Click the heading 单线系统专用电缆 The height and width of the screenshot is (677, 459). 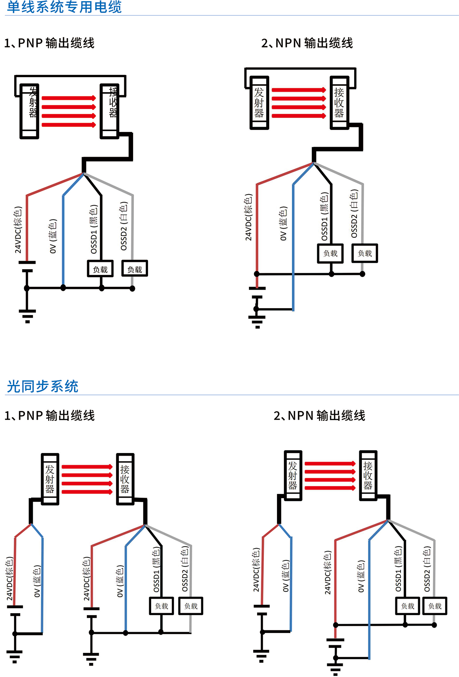64,7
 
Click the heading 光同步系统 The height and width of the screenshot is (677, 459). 42,386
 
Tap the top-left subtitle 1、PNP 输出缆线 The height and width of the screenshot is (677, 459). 49,43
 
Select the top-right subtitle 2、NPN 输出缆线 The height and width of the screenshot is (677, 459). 307,43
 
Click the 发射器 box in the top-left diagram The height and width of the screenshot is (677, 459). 29,111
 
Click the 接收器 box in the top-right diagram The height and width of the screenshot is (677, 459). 339,102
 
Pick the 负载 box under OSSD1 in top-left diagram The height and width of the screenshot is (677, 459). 100,269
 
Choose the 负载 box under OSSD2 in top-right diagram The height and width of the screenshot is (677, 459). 365,253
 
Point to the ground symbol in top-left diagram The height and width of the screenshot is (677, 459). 27,316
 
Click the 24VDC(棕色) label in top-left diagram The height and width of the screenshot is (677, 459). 18,230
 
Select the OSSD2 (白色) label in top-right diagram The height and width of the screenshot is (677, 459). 354,214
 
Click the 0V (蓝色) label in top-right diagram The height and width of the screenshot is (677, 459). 283,224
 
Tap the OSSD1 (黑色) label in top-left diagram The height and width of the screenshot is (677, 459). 94,229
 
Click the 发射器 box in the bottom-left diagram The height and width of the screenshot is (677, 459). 50,479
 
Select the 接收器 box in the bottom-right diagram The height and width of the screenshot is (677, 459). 368,476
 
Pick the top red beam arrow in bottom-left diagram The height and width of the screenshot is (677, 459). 87,467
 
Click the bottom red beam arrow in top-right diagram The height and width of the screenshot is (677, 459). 298,116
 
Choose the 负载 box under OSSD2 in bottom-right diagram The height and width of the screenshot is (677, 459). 435,606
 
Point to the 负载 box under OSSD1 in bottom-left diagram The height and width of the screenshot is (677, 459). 161,606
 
